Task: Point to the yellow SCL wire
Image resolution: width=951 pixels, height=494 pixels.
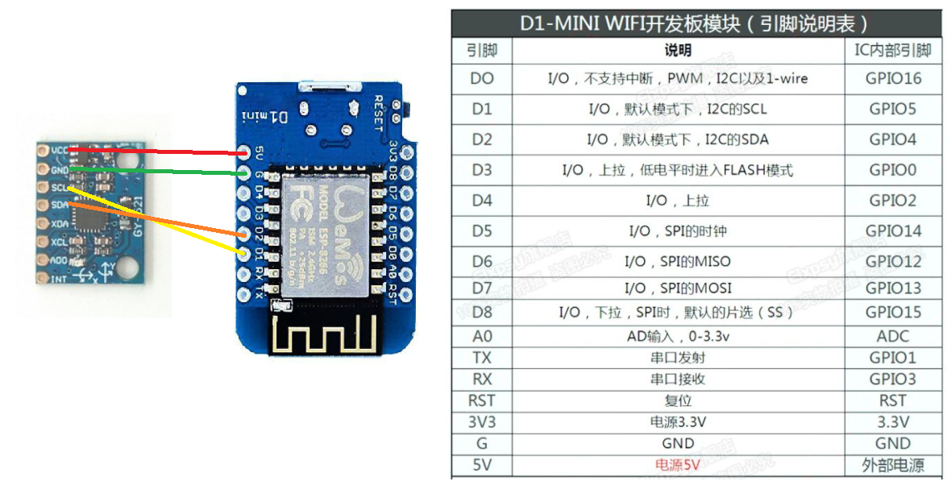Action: click(x=161, y=222)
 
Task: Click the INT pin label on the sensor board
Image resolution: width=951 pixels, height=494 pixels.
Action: click(x=59, y=279)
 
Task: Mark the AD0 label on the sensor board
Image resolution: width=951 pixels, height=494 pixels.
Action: click(x=59, y=260)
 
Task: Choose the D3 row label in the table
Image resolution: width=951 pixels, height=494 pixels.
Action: click(x=481, y=170)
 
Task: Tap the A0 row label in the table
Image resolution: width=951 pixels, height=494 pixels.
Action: click(x=481, y=336)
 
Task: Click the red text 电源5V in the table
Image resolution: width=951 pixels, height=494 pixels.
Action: click(x=677, y=464)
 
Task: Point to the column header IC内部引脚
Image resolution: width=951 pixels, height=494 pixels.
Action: click(x=893, y=51)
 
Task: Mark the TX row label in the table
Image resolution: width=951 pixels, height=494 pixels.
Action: click(x=481, y=357)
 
